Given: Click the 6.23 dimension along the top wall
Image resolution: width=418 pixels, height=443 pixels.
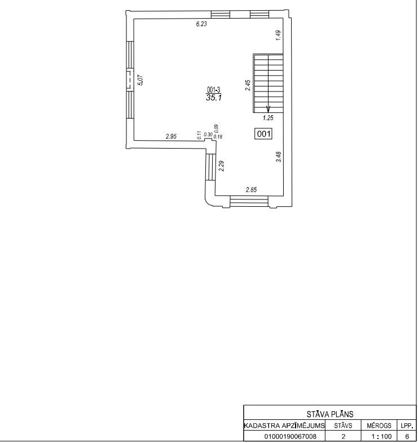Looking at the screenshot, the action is pyautogui.click(x=201, y=24).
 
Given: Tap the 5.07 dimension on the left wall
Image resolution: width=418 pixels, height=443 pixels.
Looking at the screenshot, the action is pyautogui.click(x=140, y=80).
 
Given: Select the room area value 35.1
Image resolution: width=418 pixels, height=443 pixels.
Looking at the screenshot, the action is pyautogui.click(x=214, y=98).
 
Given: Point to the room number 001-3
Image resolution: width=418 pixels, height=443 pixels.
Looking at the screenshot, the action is pyautogui.click(x=214, y=90).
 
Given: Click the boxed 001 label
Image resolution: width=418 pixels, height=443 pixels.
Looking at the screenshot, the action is pyautogui.click(x=264, y=133).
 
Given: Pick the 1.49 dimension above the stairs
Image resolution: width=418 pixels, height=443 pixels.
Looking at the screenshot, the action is pyautogui.click(x=279, y=36).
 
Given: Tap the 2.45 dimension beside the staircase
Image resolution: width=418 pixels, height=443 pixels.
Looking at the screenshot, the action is pyautogui.click(x=248, y=85).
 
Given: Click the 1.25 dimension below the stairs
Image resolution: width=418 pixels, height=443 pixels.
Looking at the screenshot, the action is pyautogui.click(x=268, y=118).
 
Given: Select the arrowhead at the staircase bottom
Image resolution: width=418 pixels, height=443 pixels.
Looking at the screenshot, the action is pyautogui.click(x=269, y=110).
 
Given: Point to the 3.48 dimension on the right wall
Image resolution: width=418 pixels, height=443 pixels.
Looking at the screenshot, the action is pyautogui.click(x=279, y=157).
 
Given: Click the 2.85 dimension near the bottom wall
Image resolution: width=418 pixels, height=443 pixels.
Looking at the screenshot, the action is pyautogui.click(x=252, y=190).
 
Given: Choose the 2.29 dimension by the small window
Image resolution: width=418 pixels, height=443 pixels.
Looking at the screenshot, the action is pyautogui.click(x=221, y=166).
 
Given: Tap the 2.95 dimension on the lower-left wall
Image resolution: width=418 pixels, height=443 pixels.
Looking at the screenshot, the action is pyautogui.click(x=171, y=137).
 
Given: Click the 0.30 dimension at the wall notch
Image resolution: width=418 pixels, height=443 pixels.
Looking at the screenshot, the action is pyautogui.click(x=208, y=134).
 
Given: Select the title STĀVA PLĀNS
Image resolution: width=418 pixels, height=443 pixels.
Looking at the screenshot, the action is pyautogui.click(x=329, y=415).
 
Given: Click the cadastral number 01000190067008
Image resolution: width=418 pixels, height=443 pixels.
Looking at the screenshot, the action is pyautogui.click(x=290, y=436).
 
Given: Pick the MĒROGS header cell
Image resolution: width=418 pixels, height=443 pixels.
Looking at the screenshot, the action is pyautogui.click(x=379, y=425).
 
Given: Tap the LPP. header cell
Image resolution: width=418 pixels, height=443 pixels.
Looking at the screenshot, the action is pyautogui.click(x=407, y=425).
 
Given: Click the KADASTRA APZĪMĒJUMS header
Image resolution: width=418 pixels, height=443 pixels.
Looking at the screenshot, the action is pyautogui.click(x=284, y=425).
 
